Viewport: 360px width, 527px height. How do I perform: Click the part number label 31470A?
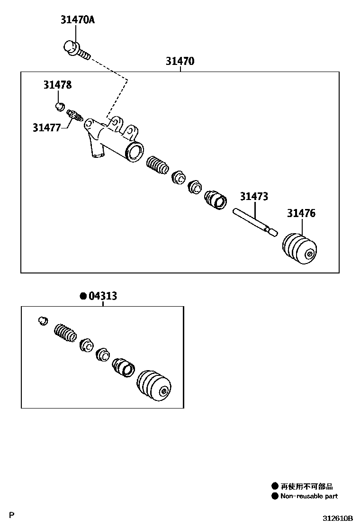77,20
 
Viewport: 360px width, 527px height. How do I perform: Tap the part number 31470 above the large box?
180,61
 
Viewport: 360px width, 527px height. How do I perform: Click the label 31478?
58,85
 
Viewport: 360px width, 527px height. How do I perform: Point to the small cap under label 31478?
60,106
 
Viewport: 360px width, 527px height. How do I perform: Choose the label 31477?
47,127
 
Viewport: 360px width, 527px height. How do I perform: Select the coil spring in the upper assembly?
156,165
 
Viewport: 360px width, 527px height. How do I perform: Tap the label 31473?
254,196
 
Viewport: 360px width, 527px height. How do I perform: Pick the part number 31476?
301,213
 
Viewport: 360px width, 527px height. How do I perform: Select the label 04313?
103,296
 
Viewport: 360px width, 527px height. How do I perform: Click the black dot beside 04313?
83,296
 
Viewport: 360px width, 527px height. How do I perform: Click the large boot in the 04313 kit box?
154,384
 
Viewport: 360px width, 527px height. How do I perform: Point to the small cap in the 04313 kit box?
43,320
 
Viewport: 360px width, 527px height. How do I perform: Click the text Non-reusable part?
309,496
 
